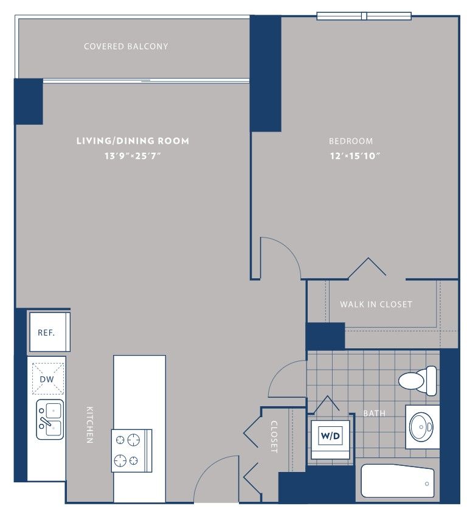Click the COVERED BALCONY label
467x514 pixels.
pos(126,46)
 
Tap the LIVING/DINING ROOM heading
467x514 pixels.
pos(133,141)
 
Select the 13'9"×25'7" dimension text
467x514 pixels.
pos(133,156)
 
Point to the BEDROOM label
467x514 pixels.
pos(351,141)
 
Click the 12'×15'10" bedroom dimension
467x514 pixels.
pos(355,156)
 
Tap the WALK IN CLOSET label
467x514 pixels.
pos(376,305)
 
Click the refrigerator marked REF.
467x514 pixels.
pos(50,332)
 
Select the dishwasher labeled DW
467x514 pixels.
pos(48,379)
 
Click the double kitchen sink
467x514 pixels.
pos(50,419)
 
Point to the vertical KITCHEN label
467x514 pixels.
pos(89,425)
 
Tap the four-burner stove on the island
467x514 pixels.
pos(131,451)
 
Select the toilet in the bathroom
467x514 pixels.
pos(418,381)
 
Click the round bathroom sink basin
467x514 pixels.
pos(422,427)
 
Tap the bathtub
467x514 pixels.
pos(398,481)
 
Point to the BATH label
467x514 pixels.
pos(375,414)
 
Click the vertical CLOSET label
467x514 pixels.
pos(274,437)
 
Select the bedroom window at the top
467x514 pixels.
pos(364,16)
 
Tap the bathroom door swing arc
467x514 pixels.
pos(279,372)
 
